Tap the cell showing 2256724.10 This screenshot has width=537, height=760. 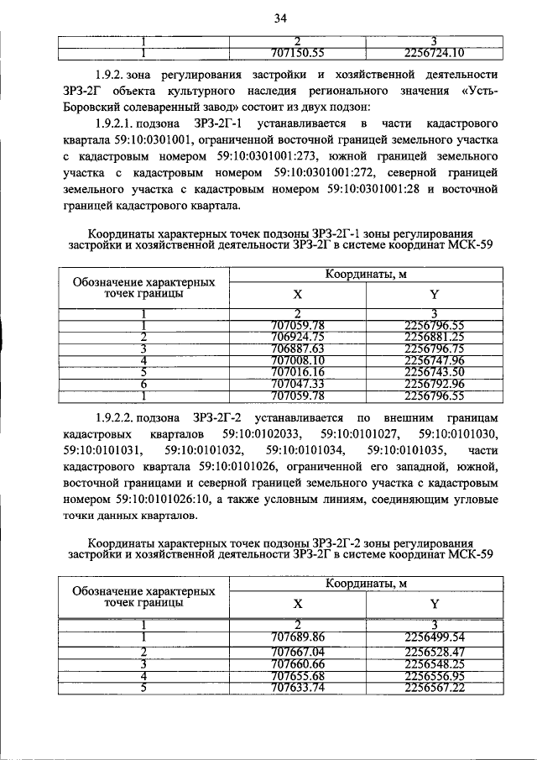click(434, 55)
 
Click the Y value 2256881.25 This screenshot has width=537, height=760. click(434, 337)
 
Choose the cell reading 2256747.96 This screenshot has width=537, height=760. click(434, 360)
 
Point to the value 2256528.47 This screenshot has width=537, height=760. click(434, 651)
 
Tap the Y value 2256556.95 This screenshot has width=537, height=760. click(434, 675)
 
